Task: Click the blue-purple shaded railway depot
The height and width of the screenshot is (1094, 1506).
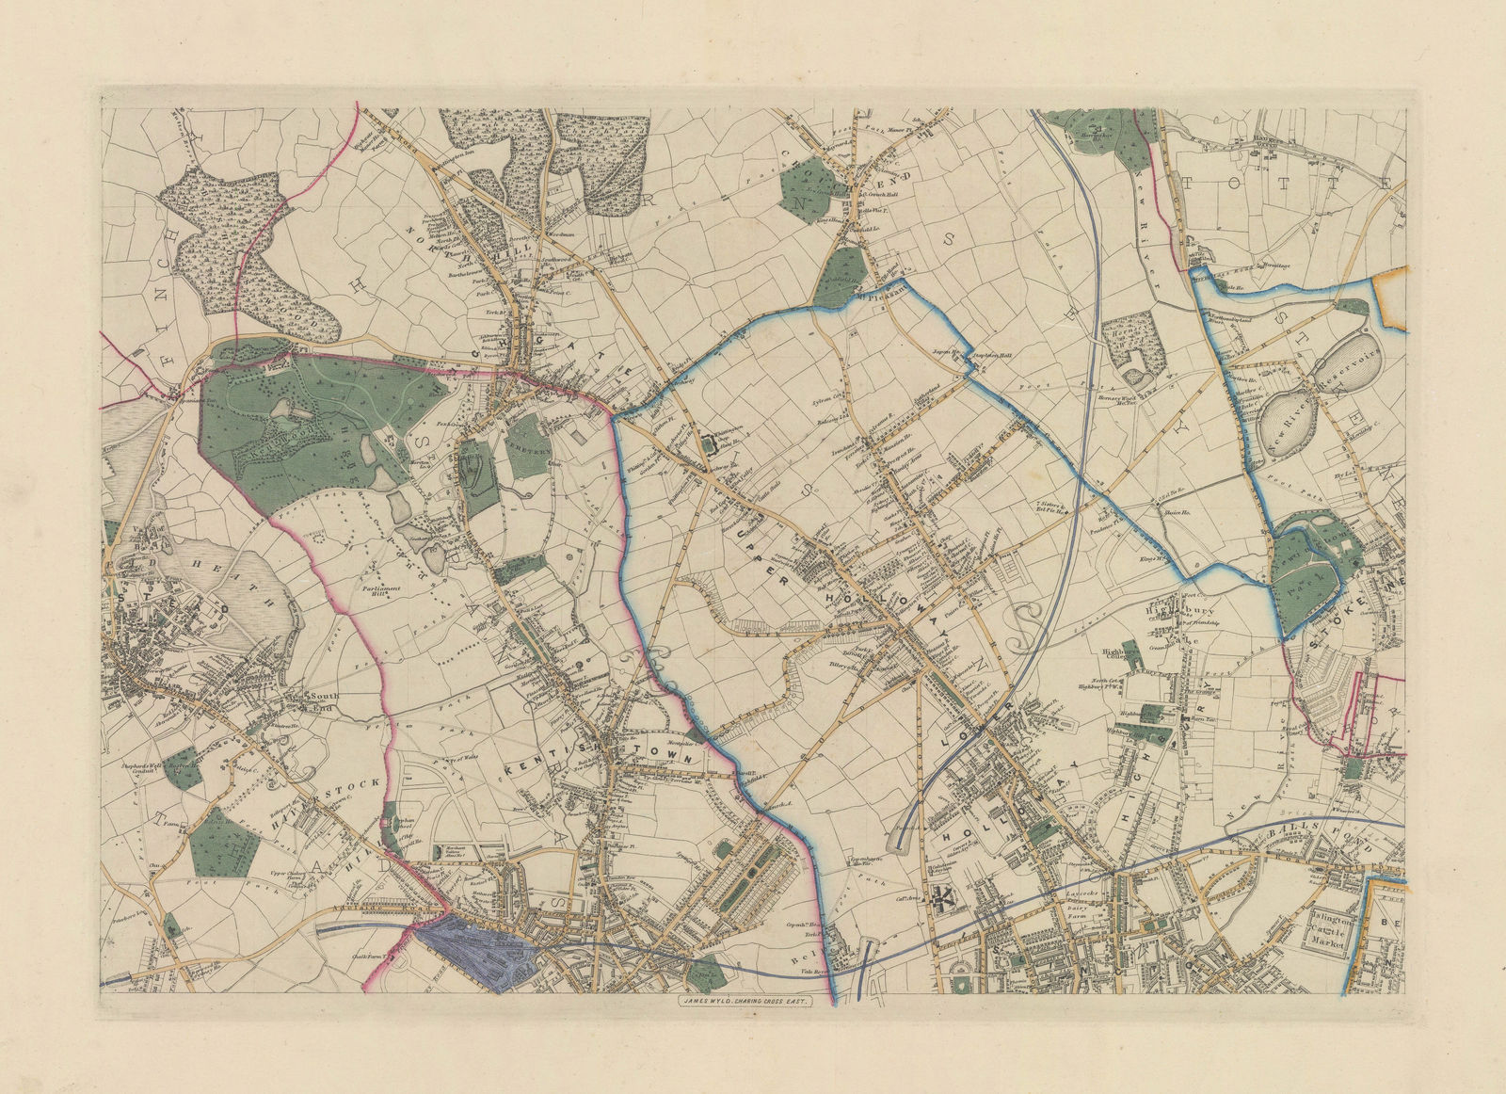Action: point(475,951)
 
